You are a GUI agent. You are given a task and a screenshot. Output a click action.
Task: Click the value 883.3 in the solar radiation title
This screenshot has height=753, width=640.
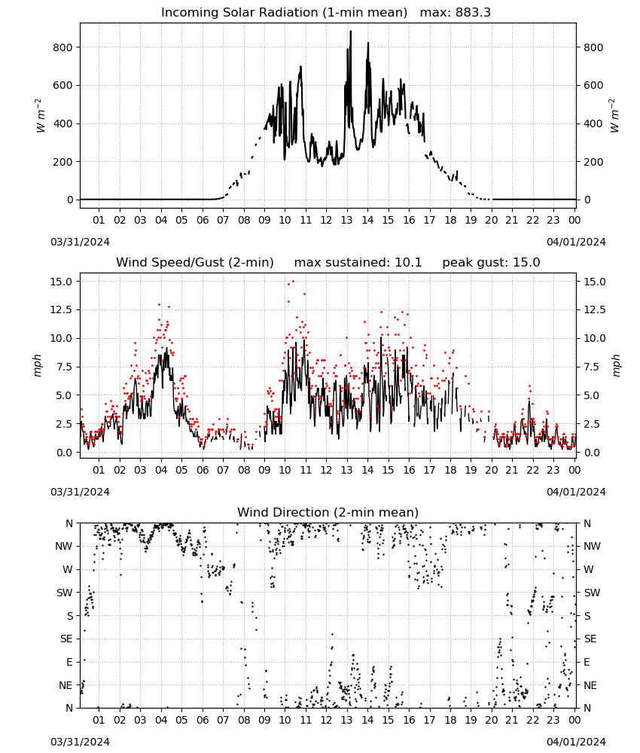472,13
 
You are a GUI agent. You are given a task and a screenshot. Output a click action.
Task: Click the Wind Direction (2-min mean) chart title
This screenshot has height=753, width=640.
328,512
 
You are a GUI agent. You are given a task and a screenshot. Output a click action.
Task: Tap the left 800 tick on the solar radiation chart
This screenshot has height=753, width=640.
63,47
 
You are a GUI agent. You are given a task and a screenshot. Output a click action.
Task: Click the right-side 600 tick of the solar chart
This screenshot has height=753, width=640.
593,86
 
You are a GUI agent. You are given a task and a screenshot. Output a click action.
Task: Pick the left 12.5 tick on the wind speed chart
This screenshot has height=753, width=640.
61,309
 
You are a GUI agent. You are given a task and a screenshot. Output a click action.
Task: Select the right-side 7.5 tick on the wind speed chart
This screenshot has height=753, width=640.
592,367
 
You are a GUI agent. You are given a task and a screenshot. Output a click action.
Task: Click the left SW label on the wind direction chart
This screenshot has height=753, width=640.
65,593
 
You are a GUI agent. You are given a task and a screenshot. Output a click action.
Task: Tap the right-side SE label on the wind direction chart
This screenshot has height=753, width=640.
590,639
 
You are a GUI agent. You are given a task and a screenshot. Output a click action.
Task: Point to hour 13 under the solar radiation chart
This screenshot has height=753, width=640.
346,220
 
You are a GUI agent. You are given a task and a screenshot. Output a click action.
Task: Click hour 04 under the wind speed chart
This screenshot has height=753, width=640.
161,470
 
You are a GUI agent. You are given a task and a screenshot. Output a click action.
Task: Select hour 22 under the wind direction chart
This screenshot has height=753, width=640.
532,720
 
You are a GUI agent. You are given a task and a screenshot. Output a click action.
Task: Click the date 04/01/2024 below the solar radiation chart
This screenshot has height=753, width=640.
576,242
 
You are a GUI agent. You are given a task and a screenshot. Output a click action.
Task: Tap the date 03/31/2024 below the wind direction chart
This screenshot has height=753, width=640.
80,742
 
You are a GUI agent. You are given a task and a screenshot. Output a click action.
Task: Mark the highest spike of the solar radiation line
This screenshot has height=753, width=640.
350,31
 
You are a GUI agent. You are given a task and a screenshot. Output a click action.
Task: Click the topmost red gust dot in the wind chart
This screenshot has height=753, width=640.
294,282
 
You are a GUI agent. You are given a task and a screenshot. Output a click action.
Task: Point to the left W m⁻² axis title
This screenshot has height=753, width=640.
40,115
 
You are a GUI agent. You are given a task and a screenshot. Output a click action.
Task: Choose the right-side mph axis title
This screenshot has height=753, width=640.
616,365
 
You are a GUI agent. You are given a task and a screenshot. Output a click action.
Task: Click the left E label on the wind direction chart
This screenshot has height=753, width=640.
69,662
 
